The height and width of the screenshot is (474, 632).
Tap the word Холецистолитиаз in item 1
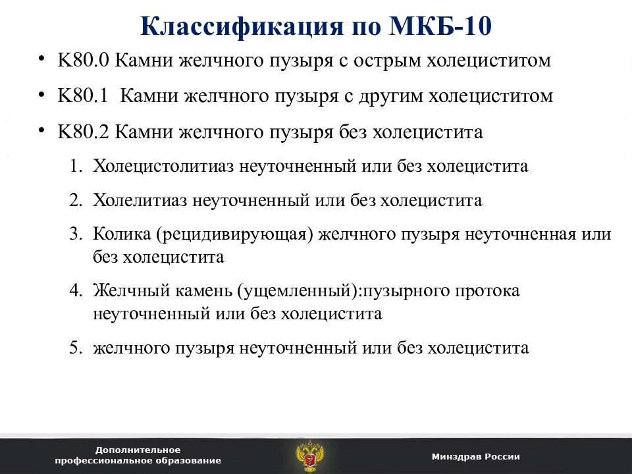pos(163,166)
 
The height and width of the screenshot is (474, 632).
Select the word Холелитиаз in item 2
pos(140,200)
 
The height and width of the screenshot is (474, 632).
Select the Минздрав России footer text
pos(476,456)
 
